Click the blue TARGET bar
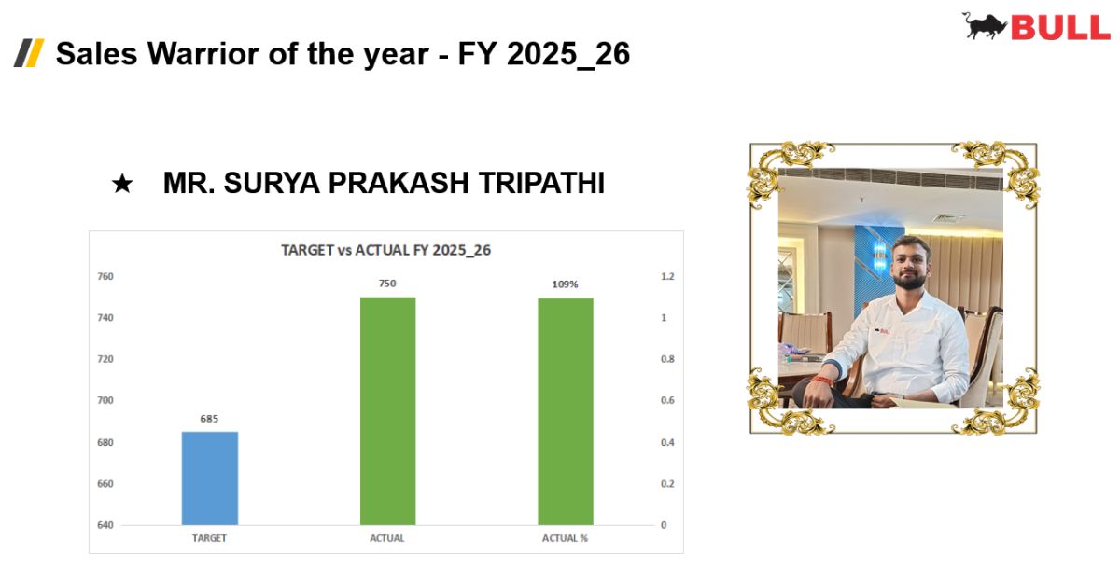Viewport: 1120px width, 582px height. coord(209,478)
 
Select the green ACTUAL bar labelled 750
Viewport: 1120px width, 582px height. coord(387,411)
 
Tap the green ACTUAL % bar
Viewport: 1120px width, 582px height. coord(566,411)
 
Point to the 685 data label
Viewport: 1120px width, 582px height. coord(209,419)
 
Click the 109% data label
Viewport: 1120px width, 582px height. coord(565,284)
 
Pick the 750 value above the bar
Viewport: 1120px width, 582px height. coord(387,284)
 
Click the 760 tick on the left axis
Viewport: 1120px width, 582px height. coord(105,276)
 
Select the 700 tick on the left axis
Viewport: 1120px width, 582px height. coord(105,400)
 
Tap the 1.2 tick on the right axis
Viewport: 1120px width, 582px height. coord(667,276)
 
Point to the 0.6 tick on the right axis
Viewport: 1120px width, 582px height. coord(667,400)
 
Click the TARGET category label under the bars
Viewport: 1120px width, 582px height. coord(209,538)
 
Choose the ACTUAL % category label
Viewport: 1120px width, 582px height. coord(565,538)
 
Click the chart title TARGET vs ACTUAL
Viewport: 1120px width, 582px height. coord(385,250)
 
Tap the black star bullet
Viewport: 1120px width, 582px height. coord(122,184)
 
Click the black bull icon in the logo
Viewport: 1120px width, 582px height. coord(984,25)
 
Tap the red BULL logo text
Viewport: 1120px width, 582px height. coord(1060,27)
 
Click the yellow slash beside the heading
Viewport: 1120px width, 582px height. coord(35,53)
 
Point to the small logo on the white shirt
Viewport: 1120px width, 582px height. coord(882,331)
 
